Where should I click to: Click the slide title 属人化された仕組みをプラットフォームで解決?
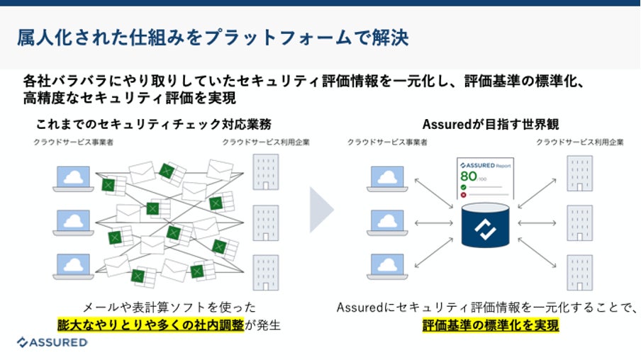(x=212, y=37)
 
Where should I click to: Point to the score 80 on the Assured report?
(x=468, y=176)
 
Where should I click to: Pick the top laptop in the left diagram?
(x=74, y=179)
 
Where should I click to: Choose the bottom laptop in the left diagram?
(x=74, y=267)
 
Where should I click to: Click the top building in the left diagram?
(x=266, y=171)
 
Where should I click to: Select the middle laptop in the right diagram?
(x=386, y=223)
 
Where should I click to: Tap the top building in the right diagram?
(x=579, y=173)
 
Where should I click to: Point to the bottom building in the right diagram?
(x=579, y=273)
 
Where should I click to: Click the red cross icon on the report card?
(x=463, y=194)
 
